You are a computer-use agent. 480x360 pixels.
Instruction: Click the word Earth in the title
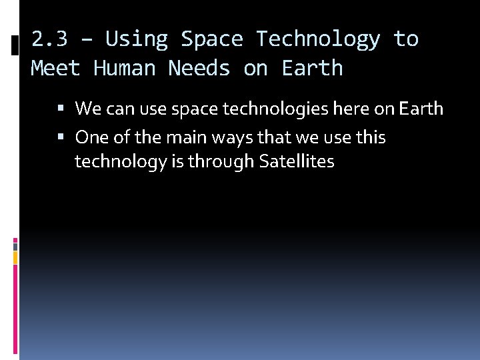(312, 68)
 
